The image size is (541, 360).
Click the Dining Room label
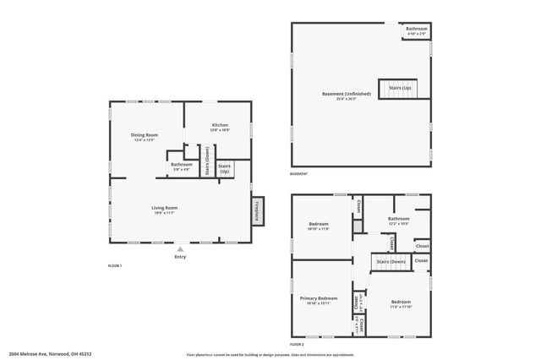pyautogui.click(x=145, y=135)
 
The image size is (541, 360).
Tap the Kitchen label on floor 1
pyautogui.click(x=220, y=126)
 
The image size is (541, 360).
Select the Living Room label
pyautogui.click(x=164, y=208)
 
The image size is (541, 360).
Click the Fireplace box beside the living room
pyautogui.click(x=257, y=212)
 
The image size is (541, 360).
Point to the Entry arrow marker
pyautogui.click(x=179, y=248)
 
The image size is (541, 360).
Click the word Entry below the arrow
pyautogui.click(x=179, y=256)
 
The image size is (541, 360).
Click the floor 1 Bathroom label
pyautogui.click(x=181, y=165)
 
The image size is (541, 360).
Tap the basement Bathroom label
pyautogui.click(x=416, y=30)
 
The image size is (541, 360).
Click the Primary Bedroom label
pyautogui.click(x=319, y=298)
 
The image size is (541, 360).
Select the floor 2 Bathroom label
pyautogui.click(x=398, y=219)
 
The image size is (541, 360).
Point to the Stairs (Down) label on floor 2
pyautogui.click(x=391, y=263)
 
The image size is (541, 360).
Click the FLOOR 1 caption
pyautogui.click(x=115, y=266)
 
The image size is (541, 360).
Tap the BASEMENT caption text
pyautogui.click(x=298, y=174)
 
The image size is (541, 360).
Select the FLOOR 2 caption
pyautogui.click(x=297, y=345)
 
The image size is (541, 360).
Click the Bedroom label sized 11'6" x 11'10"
pyautogui.click(x=401, y=302)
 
